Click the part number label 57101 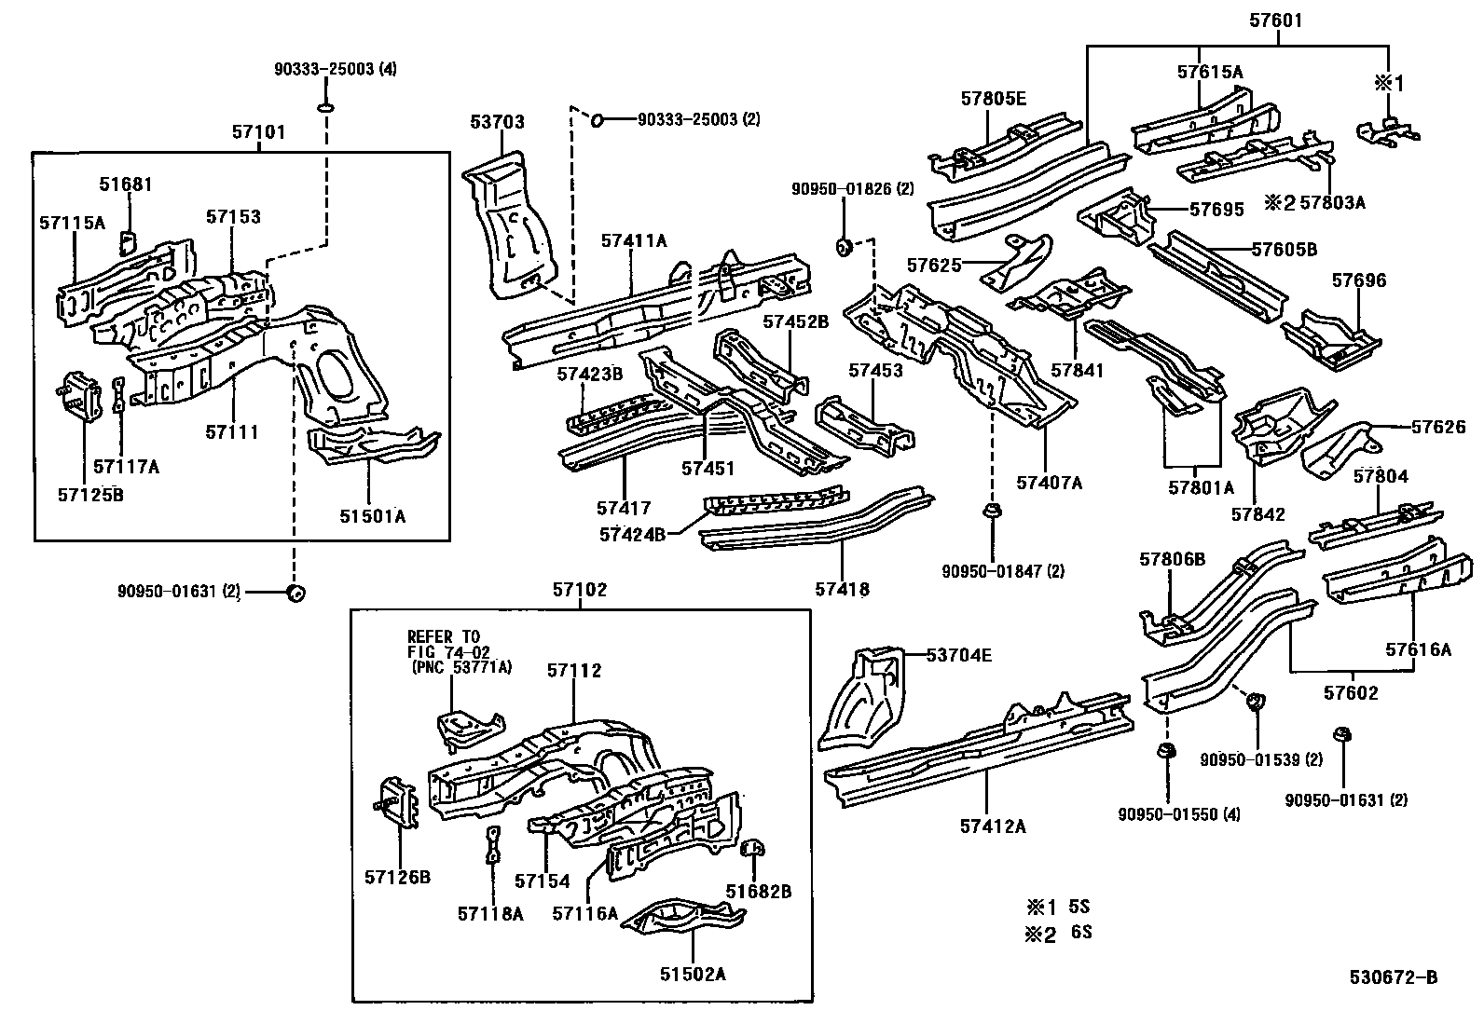click(258, 133)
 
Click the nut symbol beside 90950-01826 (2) click(845, 246)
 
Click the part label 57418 click(842, 589)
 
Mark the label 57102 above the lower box click(579, 590)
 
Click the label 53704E click(958, 655)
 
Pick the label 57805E click(993, 98)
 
